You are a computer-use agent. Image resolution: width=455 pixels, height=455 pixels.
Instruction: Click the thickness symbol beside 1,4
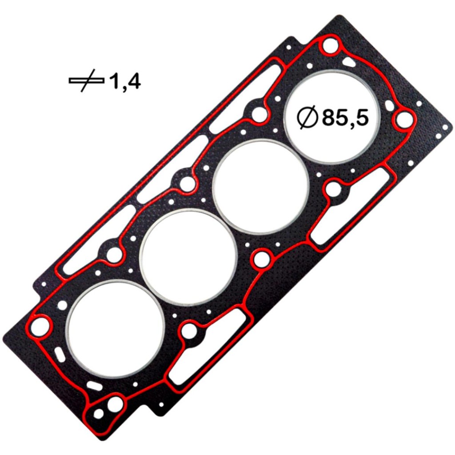coord(86,81)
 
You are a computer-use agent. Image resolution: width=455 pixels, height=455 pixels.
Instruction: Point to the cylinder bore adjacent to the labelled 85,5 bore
coord(261,187)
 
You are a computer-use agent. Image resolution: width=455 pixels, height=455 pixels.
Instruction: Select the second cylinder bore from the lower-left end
coord(188,258)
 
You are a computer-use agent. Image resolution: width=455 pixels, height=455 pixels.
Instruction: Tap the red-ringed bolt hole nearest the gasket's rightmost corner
coord(403,119)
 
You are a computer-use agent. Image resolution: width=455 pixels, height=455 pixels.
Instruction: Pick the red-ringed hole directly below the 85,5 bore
coord(333,190)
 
